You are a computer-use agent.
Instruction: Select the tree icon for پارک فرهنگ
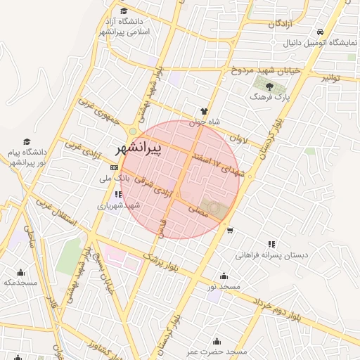tap(269, 86)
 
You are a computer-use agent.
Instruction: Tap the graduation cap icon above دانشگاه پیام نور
tap(27, 141)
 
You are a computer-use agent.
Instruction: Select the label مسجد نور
tap(224, 287)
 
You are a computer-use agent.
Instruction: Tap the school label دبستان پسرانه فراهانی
tap(271, 255)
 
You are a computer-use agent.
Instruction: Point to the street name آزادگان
tap(281, 23)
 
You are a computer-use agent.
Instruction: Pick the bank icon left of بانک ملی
tap(115, 167)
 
